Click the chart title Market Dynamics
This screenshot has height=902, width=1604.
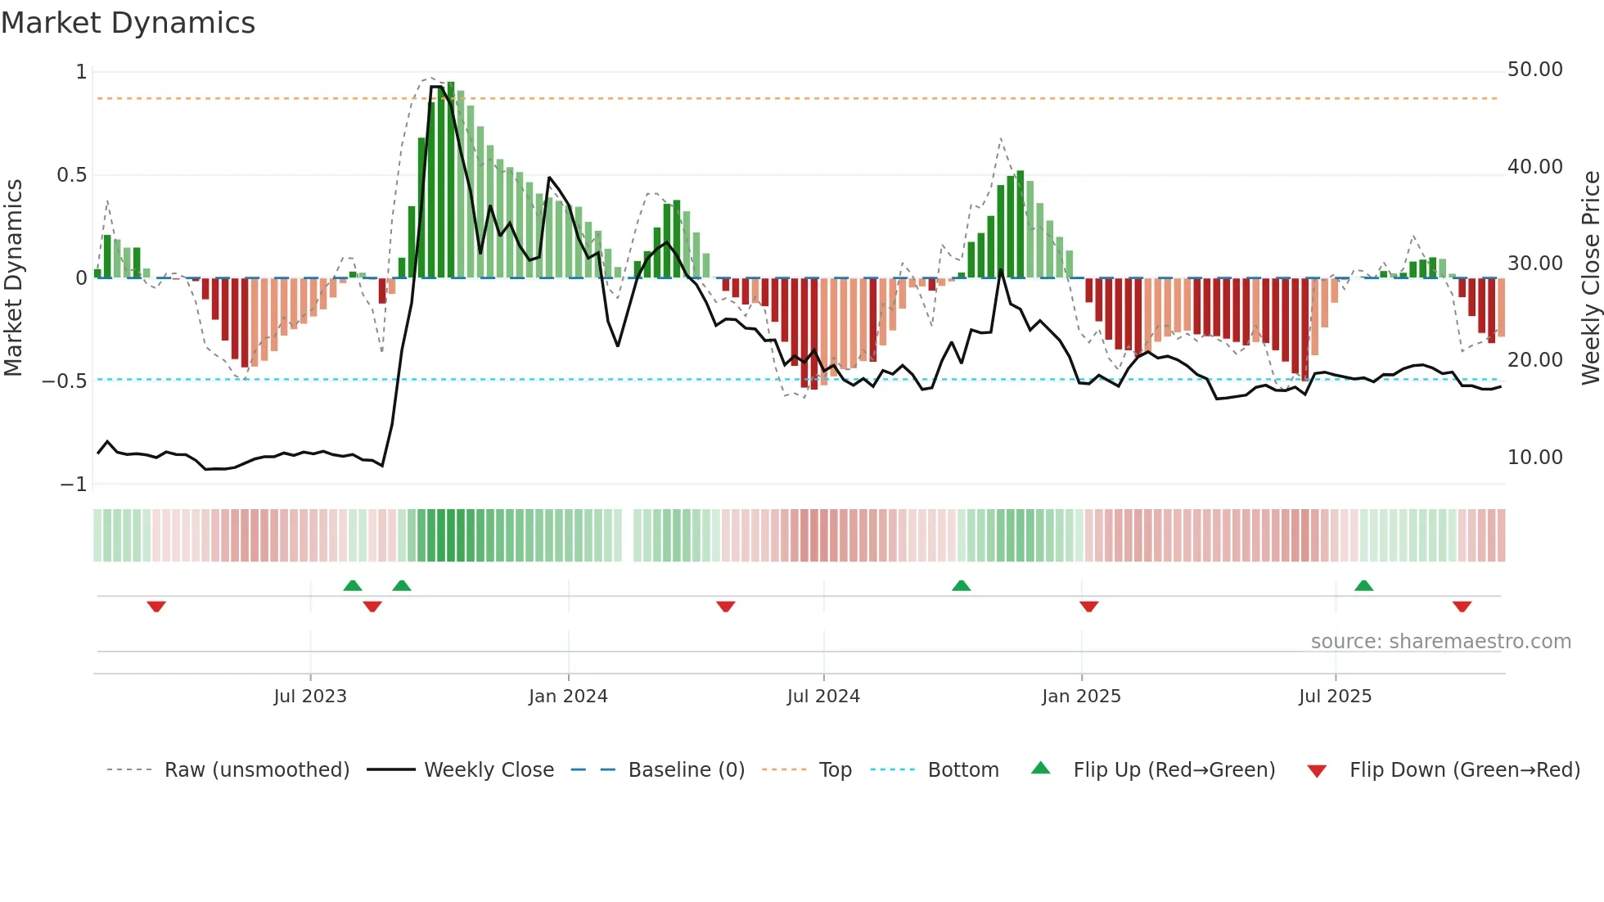128,23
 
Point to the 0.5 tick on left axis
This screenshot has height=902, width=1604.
71,175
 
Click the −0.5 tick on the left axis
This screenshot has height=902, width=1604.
65,381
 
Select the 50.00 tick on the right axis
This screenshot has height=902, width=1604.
1534,70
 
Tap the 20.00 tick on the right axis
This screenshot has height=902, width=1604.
1534,360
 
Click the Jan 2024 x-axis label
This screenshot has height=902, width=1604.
568,697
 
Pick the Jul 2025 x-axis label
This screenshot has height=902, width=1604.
1335,697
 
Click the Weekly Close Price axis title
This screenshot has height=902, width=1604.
1590,278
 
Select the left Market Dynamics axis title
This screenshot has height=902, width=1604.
13,278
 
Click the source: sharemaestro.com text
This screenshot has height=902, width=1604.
1440,642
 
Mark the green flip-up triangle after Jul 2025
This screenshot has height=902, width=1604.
1363,586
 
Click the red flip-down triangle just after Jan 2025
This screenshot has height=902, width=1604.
1088,607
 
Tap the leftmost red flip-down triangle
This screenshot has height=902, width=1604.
156,607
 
